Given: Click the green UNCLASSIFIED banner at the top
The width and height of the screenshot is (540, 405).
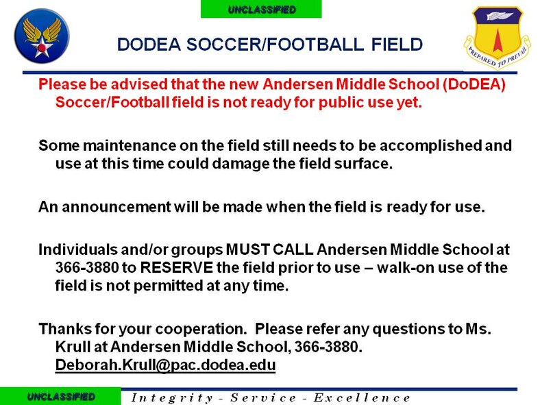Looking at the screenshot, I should pos(261,9).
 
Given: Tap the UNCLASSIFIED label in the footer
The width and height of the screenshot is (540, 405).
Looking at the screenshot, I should pos(61,397).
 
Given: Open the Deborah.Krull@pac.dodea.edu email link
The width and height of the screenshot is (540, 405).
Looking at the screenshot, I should pos(164,365).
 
